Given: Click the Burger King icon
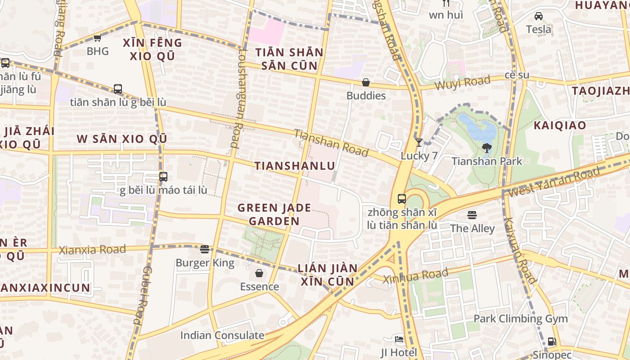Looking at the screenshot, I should (x=205, y=249).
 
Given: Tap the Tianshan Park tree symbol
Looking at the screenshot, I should (x=486, y=148).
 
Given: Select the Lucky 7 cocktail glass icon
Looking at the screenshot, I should (x=419, y=143).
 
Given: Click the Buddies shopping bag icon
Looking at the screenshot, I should (x=366, y=82).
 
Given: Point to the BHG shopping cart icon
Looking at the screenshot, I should (x=97, y=38).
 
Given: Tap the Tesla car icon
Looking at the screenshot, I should (x=538, y=17).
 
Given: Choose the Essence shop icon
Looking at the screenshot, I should (x=259, y=273).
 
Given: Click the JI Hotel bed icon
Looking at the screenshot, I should (x=399, y=339).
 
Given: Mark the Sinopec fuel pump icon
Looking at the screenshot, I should (x=552, y=342).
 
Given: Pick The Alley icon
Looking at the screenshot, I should (x=472, y=215).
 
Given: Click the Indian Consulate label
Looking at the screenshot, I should (x=222, y=335).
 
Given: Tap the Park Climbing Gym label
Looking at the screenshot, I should (x=520, y=319).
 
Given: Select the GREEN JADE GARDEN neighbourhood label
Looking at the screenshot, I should (x=274, y=214).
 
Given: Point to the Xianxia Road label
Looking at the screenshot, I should (x=92, y=250).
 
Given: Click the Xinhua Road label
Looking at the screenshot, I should (x=415, y=276).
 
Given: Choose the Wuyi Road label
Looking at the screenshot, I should (x=462, y=83).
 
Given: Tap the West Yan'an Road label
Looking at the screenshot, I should (x=554, y=181).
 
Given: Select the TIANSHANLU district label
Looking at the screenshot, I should (x=295, y=166).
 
